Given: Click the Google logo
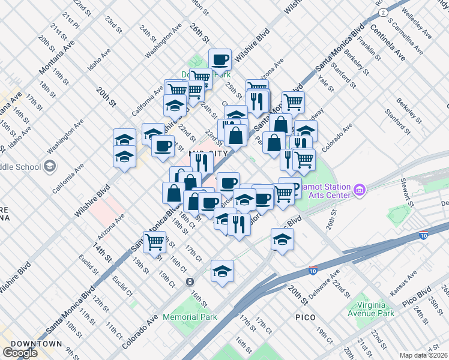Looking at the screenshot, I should (x=20, y=353).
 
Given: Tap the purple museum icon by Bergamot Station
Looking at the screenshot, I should (x=360, y=190).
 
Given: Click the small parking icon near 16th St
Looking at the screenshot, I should (x=190, y=281).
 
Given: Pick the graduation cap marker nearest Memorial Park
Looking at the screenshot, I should (x=222, y=271).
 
